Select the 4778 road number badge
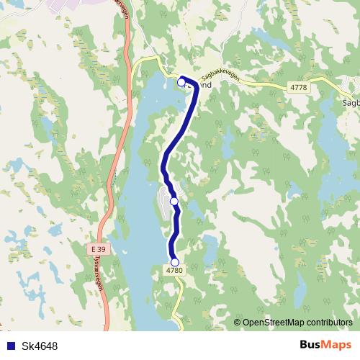click(x=300, y=87)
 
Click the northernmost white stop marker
click(x=181, y=82)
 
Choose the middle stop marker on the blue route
click(x=174, y=202)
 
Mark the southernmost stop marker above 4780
click(x=174, y=262)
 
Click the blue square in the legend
click(x=9, y=346)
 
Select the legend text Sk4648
click(x=40, y=346)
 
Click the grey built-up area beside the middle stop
click(x=164, y=202)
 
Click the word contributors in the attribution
click(x=328, y=323)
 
